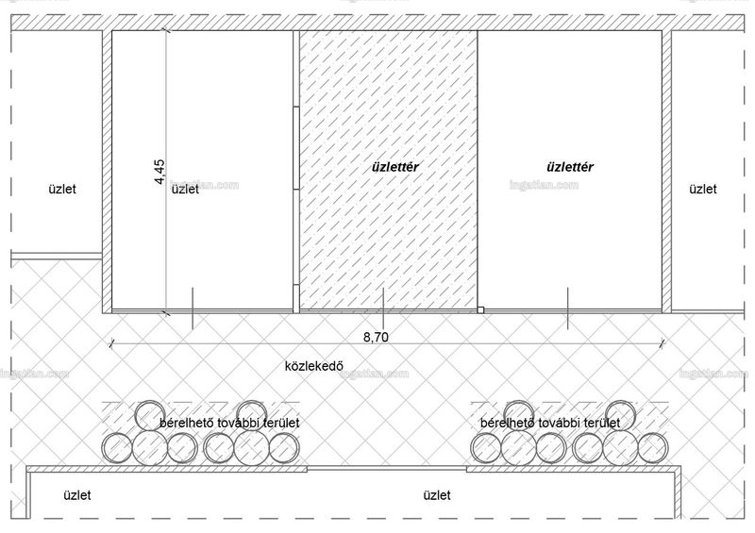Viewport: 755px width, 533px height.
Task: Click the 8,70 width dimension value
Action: [x=376, y=337]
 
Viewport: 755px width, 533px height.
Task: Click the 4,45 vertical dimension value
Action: [x=159, y=172]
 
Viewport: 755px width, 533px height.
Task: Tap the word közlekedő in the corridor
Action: [x=314, y=366]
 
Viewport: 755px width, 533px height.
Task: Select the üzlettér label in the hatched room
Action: [x=394, y=167]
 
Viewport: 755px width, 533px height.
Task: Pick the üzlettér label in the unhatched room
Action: [x=570, y=167]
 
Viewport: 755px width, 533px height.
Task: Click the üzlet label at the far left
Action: [x=62, y=189]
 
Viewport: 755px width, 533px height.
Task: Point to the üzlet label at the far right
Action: [x=702, y=189]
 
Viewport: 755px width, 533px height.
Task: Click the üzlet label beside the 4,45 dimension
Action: [x=185, y=190]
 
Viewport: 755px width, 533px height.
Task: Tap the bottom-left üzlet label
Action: [x=77, y=495]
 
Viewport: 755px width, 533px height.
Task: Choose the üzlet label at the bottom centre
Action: [x=437, y=495]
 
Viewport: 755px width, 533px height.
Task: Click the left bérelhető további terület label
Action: [x=229, y=424]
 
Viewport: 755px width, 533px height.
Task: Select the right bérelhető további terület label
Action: [x=550, y=424]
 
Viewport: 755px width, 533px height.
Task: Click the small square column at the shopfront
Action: [x=480, y=310]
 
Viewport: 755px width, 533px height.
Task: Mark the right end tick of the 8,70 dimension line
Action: [x=663, y=343]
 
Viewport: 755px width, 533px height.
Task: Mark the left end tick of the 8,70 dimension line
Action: [x=111, y=343]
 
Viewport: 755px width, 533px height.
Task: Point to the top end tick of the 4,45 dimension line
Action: [x=167, y=31]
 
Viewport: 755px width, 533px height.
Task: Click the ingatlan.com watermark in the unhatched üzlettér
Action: [x=544, y=185]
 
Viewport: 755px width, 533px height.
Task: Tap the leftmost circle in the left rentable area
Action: [x=116, y=448]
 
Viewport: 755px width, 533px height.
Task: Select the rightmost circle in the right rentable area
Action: [x=653, y=448]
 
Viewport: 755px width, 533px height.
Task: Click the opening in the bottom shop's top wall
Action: [x=387, y=468]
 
